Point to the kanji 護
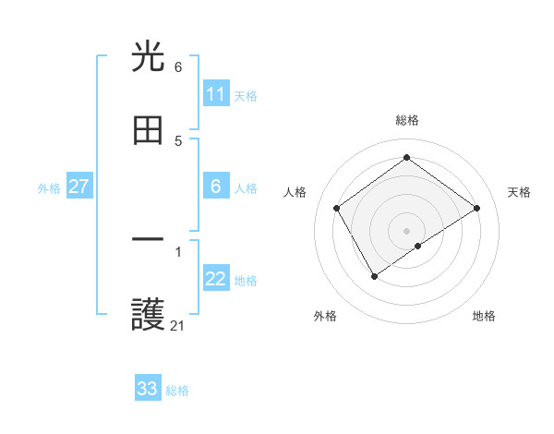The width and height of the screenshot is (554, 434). [x=149, y=316]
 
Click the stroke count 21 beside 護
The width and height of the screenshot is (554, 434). [x=177, y=325]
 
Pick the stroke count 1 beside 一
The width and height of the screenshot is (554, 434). [x=177, y=251]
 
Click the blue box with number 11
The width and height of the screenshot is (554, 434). [x=216, y=94]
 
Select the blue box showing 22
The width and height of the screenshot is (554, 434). [x=216, y=280]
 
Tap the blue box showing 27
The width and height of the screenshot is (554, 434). [x=79, y=187]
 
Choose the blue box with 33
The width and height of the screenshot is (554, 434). [x=148, y=389]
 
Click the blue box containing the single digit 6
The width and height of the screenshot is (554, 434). [x=216, y=187]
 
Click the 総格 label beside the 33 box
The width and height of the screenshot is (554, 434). [x=177, y=391]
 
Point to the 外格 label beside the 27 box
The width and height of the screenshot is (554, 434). [x=49, y=188]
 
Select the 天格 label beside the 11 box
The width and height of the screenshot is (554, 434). [x=246, y=96]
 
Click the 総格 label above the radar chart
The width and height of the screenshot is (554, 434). [x=407, y=120]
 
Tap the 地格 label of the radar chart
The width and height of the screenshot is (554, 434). [x=484, y=316]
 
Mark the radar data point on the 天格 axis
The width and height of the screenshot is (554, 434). [x=476, y=208]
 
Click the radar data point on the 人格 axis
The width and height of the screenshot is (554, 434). [x=337, y=208]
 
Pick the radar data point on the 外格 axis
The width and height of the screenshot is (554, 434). [x=374, y=275]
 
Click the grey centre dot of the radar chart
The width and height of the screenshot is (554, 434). [x=407, y=230]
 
